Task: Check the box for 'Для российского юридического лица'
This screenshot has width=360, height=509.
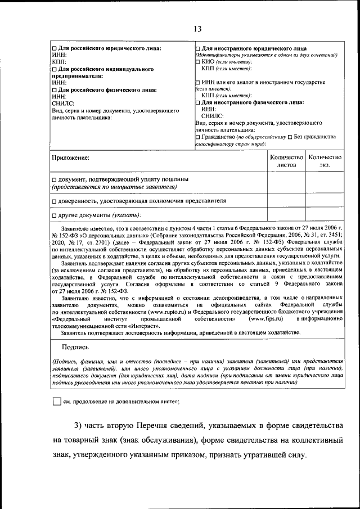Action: [54, 48]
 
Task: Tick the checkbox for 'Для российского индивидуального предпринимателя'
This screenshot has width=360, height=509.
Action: [54, 69]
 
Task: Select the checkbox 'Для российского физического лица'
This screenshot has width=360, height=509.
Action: [54, 89]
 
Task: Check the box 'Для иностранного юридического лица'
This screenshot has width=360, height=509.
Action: [197, 48]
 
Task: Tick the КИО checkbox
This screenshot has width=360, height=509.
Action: [197, 62]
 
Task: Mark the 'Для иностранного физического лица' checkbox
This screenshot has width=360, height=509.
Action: [197, 103]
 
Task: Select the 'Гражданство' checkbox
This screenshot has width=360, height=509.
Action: [197, 137]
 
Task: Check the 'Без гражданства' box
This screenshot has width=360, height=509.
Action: [290, 137]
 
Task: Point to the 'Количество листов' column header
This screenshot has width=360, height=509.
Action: [286, 161]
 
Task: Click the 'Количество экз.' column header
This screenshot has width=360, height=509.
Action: [325, 161]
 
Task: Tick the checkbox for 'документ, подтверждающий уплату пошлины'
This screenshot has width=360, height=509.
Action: [54, 179]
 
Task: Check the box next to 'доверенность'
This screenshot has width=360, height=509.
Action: [54, 201]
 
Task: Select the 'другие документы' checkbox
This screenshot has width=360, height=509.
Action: [54, 215]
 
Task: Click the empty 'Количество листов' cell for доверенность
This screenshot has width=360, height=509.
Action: [286, 201]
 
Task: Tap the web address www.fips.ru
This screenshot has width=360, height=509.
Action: [265, 318]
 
